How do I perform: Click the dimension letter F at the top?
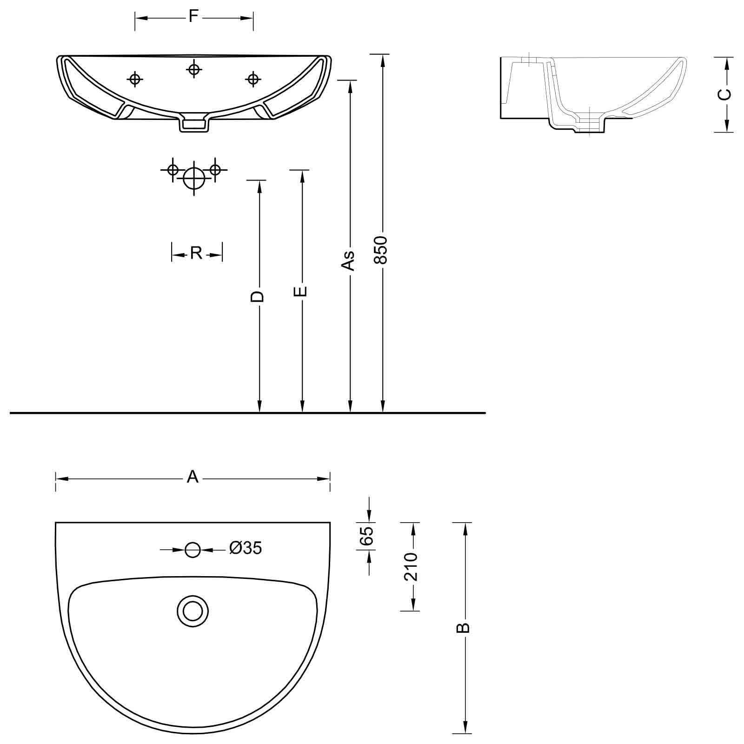pos(194,17)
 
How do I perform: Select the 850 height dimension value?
pos(382,250)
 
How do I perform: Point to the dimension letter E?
pos(301,291)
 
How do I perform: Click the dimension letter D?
pos(258,297)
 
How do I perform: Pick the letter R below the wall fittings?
pos(196,253)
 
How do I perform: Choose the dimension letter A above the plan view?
pos(193,477)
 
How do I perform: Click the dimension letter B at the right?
pos(464,628)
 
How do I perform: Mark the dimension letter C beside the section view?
pos(724,94)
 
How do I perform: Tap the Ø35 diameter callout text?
pos(246,548)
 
